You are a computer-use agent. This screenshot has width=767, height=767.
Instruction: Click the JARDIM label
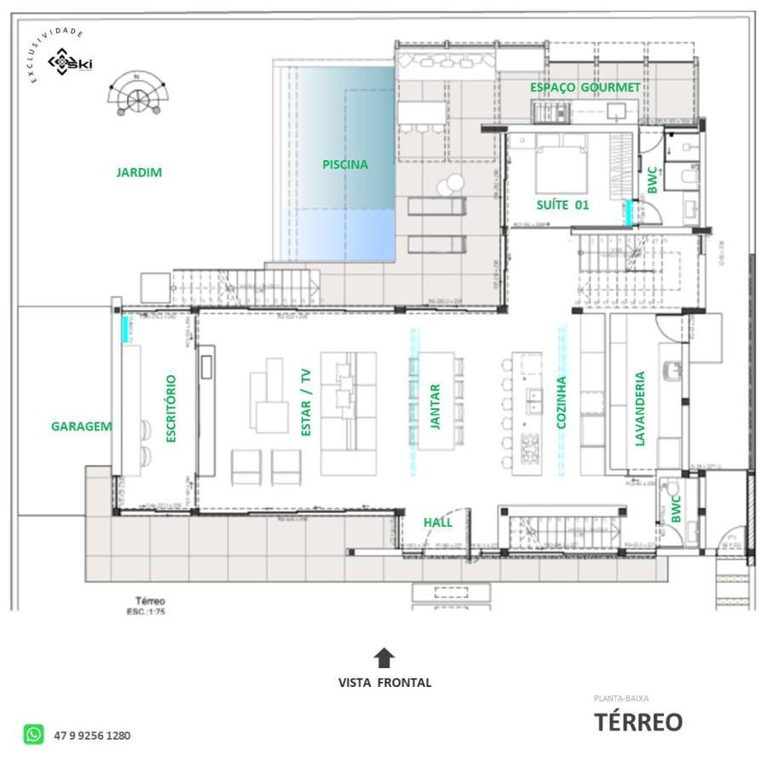tap(139, 172)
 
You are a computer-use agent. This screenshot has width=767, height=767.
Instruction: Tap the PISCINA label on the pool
tap(345, 164)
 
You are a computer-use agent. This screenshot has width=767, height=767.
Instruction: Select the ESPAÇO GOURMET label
tap(585, 88)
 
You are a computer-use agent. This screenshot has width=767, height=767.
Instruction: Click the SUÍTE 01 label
tap(562, 205)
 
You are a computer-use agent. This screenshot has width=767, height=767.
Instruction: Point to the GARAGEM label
tap(82, 426)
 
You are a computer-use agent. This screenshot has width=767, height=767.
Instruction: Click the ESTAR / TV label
tap(306, 402)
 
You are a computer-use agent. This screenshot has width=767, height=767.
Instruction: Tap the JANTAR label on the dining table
tap(435, 406)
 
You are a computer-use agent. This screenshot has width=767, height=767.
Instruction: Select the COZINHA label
tap(561, 402)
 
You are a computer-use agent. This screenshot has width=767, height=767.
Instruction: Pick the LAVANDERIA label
tap(640, 407)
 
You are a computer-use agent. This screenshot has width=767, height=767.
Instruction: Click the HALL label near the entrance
tap(438, 522)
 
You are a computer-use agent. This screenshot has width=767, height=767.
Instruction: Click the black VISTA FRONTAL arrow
tap(384, 657)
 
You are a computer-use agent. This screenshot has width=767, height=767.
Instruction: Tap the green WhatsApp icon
tap(34, 735)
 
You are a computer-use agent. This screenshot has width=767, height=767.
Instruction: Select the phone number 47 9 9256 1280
tap(92, 735)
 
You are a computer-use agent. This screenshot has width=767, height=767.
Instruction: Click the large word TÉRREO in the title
tap(637, 723)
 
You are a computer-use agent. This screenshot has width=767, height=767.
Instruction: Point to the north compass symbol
tap(135, 92)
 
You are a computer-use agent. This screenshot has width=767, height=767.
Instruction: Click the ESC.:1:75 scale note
tap(144, 611)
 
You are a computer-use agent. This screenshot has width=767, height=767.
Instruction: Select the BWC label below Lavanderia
tap(676, 509)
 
